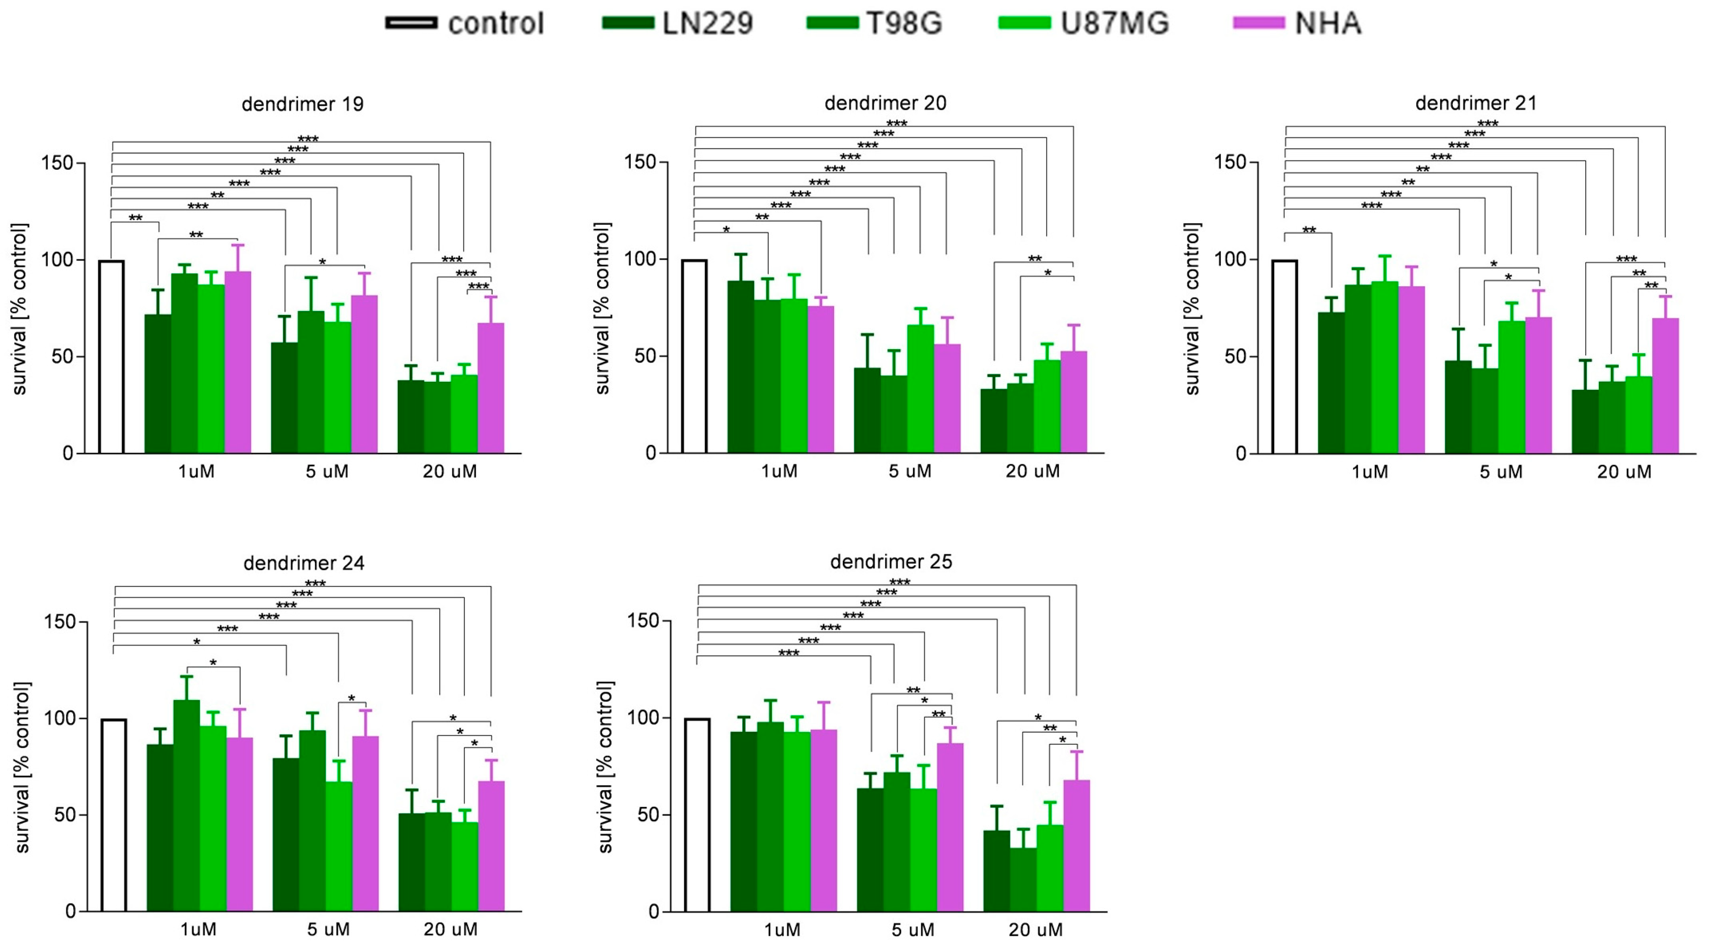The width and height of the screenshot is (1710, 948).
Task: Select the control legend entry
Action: pos(465,23)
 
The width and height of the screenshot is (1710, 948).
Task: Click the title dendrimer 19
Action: pos(303,104)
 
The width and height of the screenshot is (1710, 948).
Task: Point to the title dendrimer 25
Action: pos(891,562)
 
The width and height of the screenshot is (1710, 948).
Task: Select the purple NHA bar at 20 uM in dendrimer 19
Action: pos(490,388)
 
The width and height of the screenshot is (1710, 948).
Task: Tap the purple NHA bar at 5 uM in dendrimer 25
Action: pos(950,827)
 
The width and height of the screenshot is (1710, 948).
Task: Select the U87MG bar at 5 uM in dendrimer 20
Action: pos(920,389)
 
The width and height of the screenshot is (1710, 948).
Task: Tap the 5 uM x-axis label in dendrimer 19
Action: pos(326,472)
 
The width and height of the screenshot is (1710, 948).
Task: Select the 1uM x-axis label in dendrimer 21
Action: pos(1369,472)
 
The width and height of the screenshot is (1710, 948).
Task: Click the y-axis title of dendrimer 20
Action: pos(602,309)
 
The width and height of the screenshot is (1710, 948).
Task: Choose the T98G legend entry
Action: pos(875,23)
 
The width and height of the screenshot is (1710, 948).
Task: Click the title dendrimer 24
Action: pos(304,563)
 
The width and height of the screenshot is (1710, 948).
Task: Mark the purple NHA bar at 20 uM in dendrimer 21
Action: pos(1665,386)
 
